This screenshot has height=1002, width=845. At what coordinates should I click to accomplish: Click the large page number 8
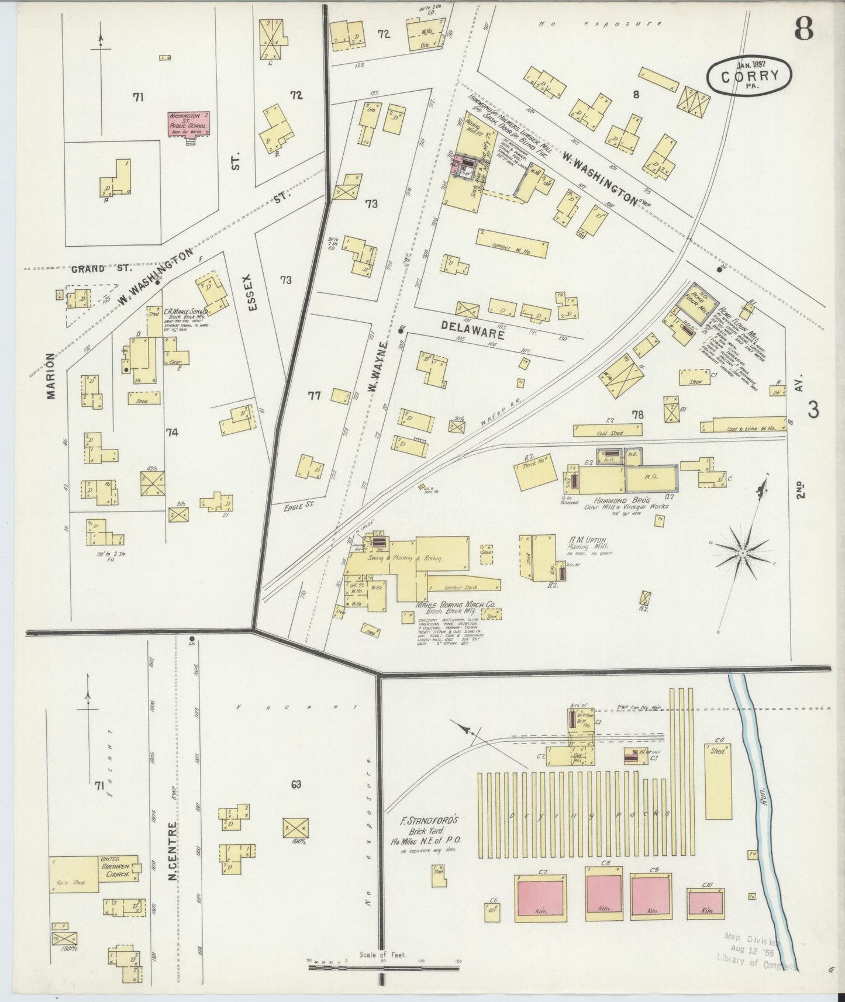(803, 29)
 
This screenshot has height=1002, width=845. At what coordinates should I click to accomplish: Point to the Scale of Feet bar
(382, 968)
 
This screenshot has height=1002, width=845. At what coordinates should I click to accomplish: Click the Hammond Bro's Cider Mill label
(626, 502)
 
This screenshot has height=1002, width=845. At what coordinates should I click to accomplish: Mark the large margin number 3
(813, 410)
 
